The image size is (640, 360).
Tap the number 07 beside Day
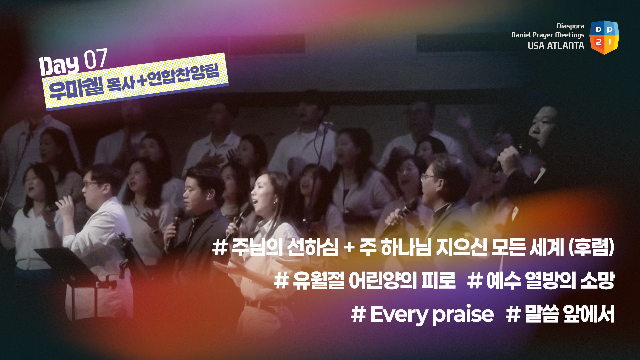[95, 59]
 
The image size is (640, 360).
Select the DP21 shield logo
[604, 37]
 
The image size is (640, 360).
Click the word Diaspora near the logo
[570, 26]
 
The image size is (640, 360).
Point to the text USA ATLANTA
[556, 46]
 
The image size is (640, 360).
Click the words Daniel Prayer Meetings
[548, 35]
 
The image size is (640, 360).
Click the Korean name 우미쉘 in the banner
[76, 88]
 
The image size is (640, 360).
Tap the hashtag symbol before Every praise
[358, 314]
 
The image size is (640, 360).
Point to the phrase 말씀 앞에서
[570, 314]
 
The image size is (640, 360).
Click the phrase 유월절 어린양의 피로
[374, 280]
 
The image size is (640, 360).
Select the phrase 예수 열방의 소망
[550, 280]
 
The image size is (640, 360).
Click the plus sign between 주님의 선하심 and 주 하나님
[349, 248]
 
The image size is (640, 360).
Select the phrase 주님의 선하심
[285, 247]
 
